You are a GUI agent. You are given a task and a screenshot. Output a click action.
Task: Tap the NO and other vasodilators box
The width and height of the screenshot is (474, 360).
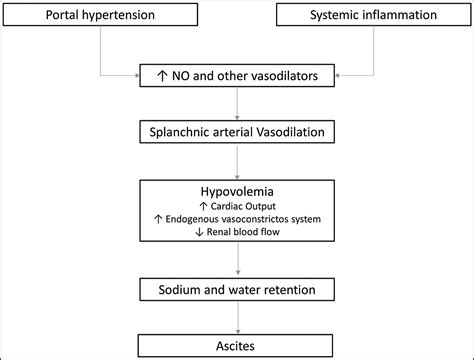click(236, 74)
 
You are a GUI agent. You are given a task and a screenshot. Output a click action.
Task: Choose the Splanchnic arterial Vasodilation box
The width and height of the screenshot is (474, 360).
click(236, 130)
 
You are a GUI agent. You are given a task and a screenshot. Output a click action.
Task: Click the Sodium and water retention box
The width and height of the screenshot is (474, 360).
click(236, 289)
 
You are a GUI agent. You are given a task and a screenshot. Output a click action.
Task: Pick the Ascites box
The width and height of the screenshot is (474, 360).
click(236, 343)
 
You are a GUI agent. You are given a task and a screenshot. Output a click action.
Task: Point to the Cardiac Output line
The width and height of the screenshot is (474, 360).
click(236, 203)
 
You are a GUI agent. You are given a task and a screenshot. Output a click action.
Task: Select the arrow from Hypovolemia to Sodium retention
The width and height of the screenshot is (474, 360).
click(236, 262)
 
